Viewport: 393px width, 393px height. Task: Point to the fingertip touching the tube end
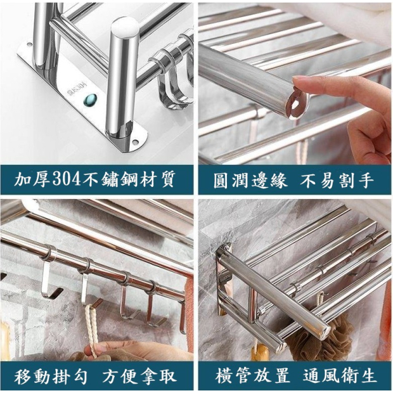(x=299, y=82)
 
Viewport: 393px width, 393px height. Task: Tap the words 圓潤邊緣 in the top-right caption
(x=250, y=180)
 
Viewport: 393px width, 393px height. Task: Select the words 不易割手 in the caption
(x=337, y=180)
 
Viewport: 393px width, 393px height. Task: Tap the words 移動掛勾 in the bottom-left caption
(x=51, y=377)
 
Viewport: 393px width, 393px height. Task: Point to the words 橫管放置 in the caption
(x=252, y=376)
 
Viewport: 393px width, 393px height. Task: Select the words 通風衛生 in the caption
(x=340, y=376)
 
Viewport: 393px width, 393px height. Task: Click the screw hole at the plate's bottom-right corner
(x=136, y=142)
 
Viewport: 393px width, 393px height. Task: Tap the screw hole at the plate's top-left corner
(x=30, y=45)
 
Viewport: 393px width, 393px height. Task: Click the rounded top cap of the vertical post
(x=125, y=27)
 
